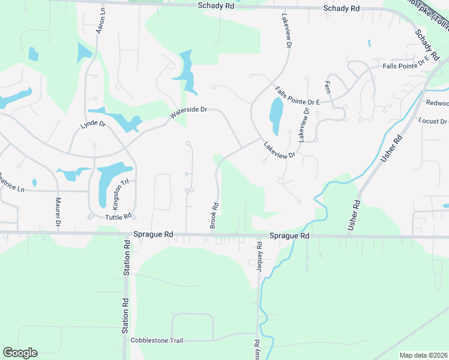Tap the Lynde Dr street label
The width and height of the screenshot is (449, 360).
[93, 127]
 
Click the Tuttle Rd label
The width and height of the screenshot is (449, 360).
[118, 217]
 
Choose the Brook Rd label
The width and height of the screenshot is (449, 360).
[214, 215]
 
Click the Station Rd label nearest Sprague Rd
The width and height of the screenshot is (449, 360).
[127, 258]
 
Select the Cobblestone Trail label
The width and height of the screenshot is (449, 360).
[157, 340]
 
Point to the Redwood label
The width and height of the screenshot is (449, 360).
[436, 103]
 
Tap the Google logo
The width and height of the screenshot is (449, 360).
[20, 353]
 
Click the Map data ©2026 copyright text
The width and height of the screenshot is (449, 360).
[424, 355]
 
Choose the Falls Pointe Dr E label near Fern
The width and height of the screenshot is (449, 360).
[297, 97]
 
